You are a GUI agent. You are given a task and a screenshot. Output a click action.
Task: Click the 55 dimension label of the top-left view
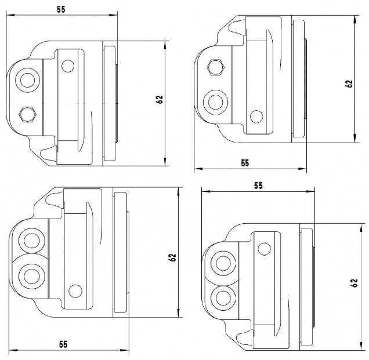coord(61,9)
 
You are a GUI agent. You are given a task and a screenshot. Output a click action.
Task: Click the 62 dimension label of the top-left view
coord(160,99)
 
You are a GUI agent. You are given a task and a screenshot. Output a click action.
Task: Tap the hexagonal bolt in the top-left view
coord(27,114)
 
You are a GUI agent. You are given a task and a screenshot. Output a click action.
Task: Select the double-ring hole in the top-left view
coord(27,80)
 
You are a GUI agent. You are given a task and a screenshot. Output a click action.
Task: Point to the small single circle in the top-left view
coord(68,66)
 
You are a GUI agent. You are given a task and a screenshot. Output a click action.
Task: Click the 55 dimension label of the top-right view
coord(245,163)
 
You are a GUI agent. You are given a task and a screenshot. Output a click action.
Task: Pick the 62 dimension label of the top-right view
coord(349,83)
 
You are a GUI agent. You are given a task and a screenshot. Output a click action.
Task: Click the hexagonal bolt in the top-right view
coord(216,67)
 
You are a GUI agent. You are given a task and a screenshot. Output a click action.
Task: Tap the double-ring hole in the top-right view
coord(215,102)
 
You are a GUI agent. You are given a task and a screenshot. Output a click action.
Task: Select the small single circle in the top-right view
coord(256,117)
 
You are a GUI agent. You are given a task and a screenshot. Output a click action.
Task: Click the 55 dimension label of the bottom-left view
coord(63,344)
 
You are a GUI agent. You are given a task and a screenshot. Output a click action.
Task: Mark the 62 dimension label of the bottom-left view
coord(172,257)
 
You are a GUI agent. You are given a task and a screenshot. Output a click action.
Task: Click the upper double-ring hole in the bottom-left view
coord(31,241)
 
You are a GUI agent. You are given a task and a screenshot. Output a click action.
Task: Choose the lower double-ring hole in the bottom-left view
coord(31,277)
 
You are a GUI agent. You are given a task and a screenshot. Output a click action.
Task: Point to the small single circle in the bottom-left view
coord(75,291)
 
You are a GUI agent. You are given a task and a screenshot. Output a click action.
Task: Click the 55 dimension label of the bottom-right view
coord(258,186)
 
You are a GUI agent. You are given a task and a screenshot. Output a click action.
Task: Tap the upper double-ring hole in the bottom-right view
coord(223,263)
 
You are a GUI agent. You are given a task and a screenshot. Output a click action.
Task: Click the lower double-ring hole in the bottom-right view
coord(223,297)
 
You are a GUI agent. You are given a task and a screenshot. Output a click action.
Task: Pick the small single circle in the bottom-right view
coord(265,249)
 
